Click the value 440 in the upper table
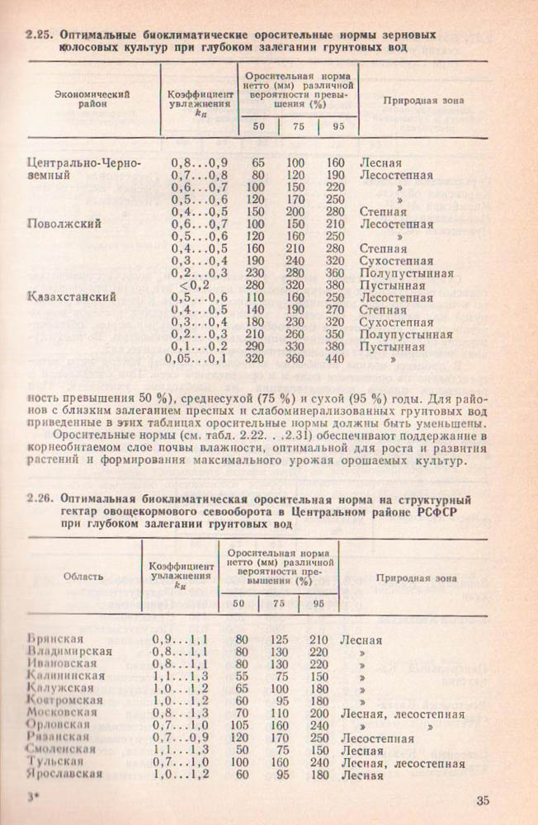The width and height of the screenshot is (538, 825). (x=335, y=359)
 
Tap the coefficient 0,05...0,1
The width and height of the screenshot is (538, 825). (x=196, y=359)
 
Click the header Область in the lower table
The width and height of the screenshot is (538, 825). (x=83, y=576)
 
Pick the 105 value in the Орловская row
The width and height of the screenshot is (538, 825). (x=241, y=725)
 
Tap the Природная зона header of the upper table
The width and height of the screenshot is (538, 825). (x=423, y=100)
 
